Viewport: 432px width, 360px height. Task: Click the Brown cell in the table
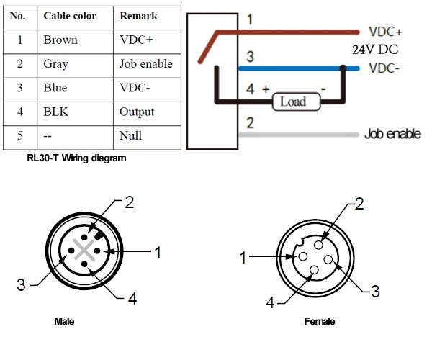pos(60,40)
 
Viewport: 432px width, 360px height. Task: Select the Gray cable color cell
pos(56,64)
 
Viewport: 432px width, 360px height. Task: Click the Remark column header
pos(138,16)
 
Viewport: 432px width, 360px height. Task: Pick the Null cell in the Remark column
pos(130,135)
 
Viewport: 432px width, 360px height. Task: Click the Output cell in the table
pos(137,112)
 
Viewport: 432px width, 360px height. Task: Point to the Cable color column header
pos(70,16)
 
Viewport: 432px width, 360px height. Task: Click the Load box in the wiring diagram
pos(293,102)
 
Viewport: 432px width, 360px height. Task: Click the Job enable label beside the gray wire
pos(392,134)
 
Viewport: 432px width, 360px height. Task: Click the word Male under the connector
pos(64,320)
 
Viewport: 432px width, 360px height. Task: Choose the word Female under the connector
pos(320,321)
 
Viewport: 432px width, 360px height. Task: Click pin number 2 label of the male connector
pos(130,202)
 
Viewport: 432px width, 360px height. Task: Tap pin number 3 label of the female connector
pos(374,291)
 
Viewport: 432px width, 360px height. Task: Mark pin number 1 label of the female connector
pos(243,257)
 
